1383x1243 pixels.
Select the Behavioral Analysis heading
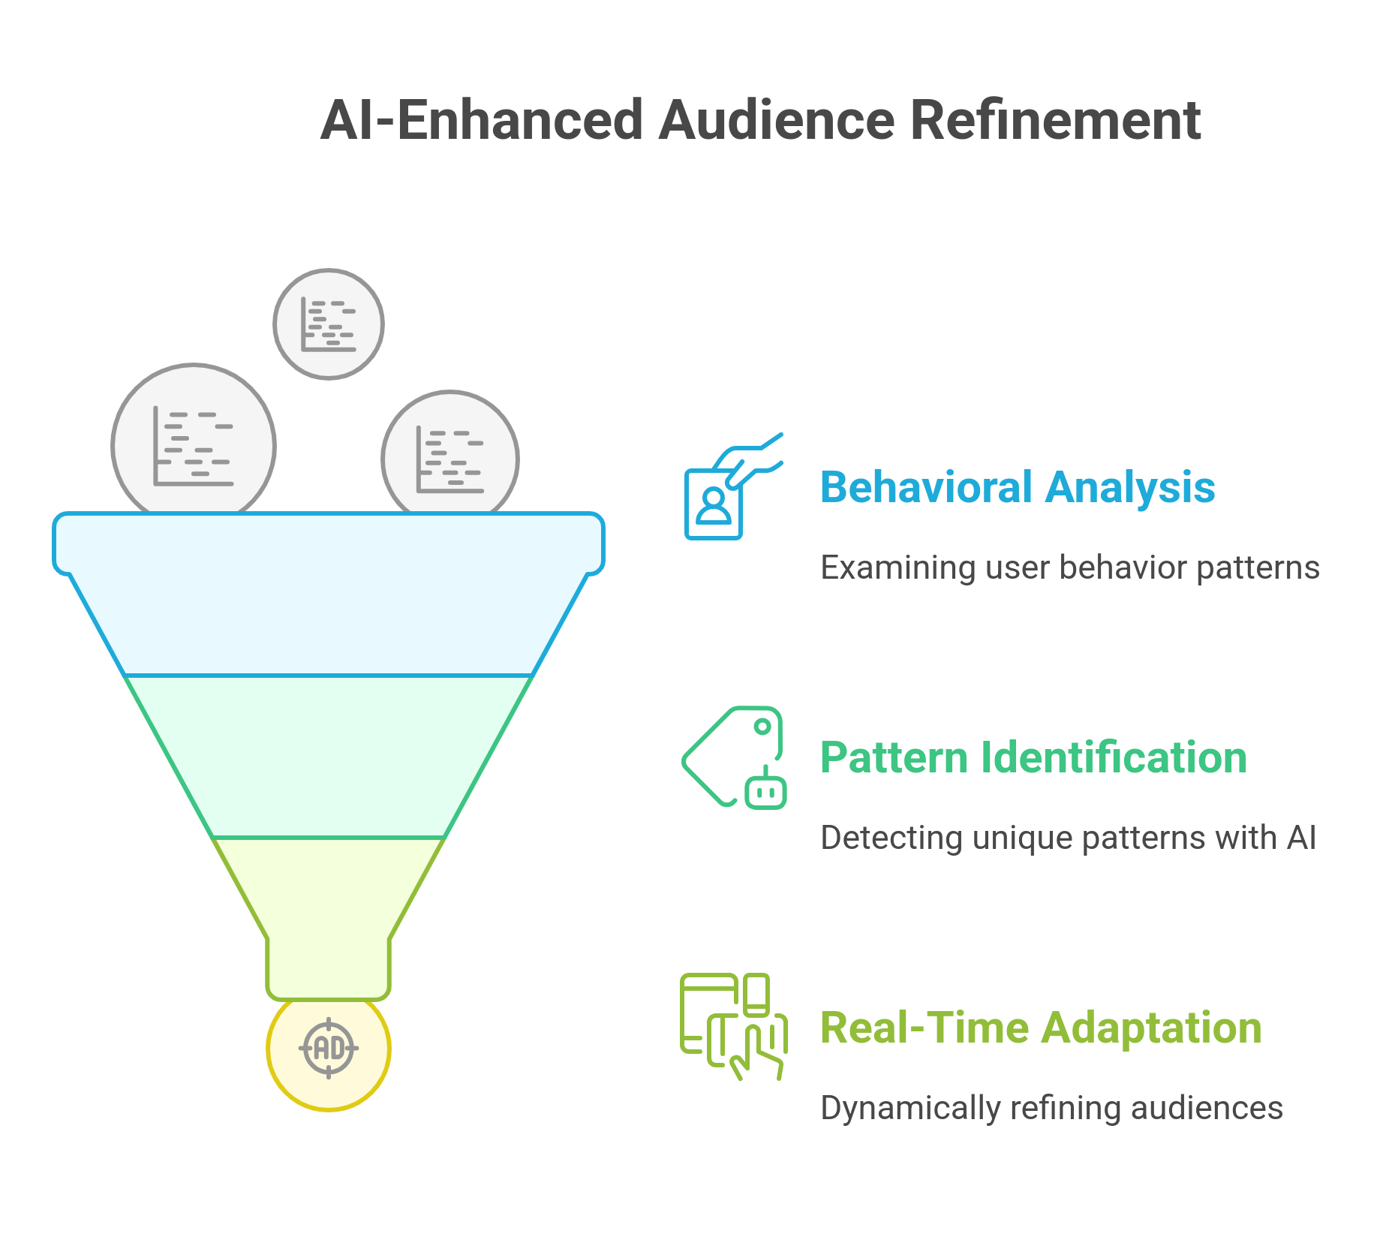1017,488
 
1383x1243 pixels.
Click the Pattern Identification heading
1033,757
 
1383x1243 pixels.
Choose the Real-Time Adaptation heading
1040,1028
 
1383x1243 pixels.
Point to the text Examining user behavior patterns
1069,567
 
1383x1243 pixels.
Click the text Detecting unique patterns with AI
1068,838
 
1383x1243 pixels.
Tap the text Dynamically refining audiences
1051,1108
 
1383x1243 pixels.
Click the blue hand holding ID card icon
732,486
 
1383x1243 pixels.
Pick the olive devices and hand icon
733,1026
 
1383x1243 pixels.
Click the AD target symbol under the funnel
329,1048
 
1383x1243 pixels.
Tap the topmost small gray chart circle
329,324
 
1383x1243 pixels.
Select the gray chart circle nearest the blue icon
450,456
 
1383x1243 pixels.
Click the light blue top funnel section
329,600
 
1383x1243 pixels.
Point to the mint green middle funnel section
329,757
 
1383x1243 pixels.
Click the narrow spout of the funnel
329,965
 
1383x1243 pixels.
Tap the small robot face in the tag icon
765,792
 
